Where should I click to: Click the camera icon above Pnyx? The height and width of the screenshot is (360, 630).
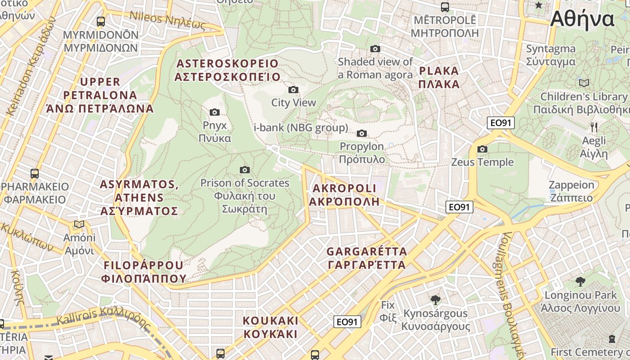pyautogui.click(x=215, y=112)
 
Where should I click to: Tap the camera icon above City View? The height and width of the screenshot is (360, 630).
pyautogui.click(x=293, y=90)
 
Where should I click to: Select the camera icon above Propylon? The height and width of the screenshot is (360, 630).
pyautogui.click(x=361, y=133)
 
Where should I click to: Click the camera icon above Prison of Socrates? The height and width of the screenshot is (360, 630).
pyautogui.click(x=245, y=170)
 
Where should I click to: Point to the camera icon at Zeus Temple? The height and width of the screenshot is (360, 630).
pyautogui.click(x=482, y=149)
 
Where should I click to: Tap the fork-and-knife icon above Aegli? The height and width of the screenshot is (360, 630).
pyautogui.click(x=594, y=127)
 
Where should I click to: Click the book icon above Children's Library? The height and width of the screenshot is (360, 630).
pyautogui.click(x=584, y=83)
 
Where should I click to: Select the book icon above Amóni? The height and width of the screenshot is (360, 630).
pyautogui.click(x=79, y=224)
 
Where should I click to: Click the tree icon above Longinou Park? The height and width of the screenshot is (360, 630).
pyautogui.click(x=580, y=282)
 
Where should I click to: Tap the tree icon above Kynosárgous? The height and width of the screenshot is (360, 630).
pyautogui.click(x=435, y=300)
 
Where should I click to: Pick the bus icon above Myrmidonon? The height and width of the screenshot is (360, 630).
pyautogui.click(x=101, y=21)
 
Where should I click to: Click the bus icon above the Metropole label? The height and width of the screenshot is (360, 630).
pyautogui.click(x=445, y=7)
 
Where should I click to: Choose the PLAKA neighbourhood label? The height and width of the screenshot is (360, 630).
pyautogui.click(x=439, y=77)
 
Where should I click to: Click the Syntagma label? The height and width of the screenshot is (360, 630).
pyautogui.click(x=551, y=55)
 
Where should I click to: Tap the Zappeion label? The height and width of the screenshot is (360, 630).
pyautogui.click(x=571, y=191)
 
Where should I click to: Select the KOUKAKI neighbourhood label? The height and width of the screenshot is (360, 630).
pyautogui.click(x=270, y=327)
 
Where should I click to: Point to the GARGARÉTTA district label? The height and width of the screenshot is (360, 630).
pyautogui.click(x=367, y=258)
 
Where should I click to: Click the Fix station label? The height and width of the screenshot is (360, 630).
pyautogui.click(x=388, y=311)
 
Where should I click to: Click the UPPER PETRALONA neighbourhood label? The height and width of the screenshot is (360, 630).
pyautogui.click(x=100, y=95)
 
